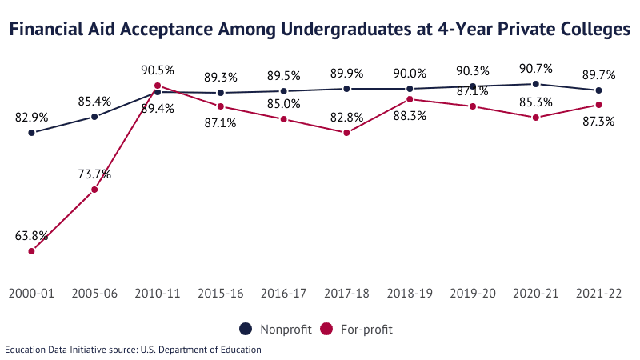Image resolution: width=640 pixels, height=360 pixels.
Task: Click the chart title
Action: (320, 30)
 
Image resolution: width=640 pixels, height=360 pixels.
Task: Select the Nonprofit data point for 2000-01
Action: (32, 133)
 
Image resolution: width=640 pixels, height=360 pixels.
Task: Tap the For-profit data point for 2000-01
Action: (32, 251)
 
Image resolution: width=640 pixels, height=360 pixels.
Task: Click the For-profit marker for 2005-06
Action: (94, 190)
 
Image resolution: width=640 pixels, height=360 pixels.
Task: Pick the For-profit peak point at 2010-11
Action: (158, 86)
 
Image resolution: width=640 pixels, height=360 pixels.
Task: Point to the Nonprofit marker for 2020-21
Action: (535, 84)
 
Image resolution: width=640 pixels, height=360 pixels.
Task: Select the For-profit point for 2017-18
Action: (346, 133)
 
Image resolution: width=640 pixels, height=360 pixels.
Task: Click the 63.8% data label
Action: (32, 236)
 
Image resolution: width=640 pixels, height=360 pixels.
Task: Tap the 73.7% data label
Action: (94, 174)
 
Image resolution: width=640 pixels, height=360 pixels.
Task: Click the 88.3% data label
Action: (410, 115)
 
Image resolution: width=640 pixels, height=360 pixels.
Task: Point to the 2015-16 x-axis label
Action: (221, 294)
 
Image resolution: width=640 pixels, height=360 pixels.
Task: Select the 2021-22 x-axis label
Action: (598, 294)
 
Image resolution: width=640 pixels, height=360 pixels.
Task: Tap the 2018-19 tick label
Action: (410, 294)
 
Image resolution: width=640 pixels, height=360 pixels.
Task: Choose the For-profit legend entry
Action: (356, 329)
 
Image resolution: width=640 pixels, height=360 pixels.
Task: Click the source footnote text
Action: (133, 350)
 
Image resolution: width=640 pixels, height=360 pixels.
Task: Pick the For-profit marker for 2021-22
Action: (598, 105)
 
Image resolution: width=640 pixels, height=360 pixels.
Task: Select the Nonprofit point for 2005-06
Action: (94, 117)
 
